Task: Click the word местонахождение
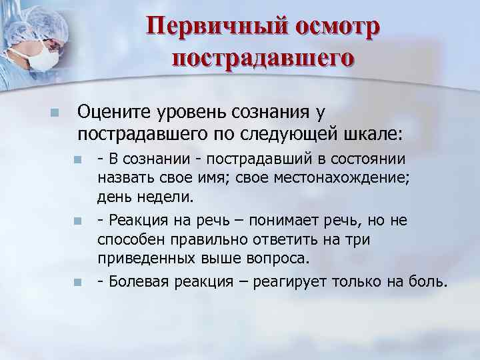tap(347, 178)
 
